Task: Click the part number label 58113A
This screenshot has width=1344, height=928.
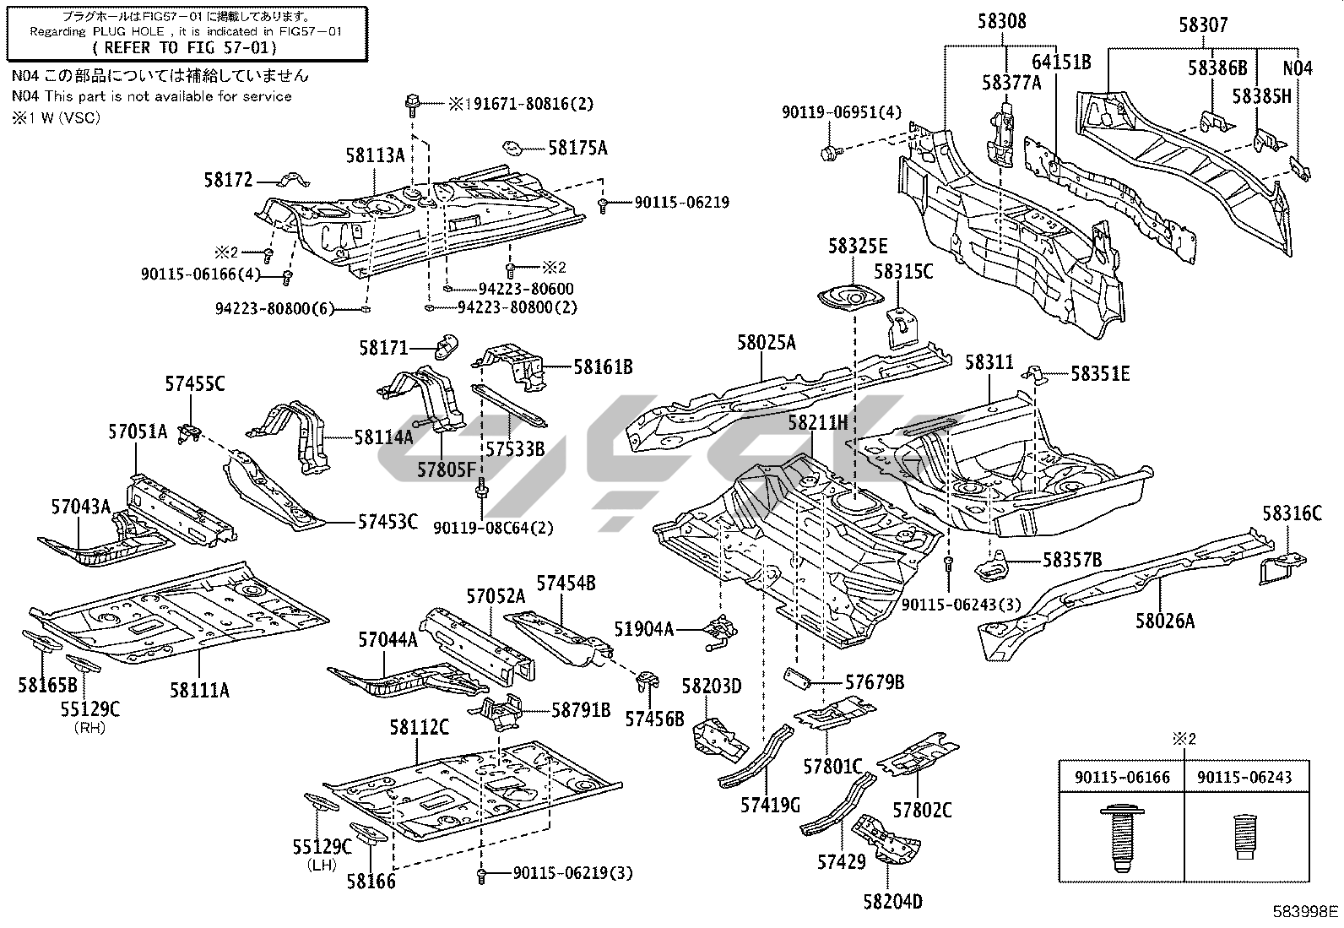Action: [374, 155]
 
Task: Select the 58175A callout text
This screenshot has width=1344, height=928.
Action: [577, 149]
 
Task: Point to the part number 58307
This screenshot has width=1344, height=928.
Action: [1203, 25]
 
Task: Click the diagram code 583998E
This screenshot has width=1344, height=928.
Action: [1305, 911]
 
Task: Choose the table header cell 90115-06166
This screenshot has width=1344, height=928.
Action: [1122, 777]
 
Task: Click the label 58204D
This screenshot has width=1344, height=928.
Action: [892, 902]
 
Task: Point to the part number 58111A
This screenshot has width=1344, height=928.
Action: [199, 690]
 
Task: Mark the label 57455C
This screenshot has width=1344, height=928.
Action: [194, 385]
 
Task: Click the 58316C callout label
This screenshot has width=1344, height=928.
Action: [1292, 513]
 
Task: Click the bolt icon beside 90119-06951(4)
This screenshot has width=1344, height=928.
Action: [831, 152]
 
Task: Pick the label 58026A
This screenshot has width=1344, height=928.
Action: [1165, 621]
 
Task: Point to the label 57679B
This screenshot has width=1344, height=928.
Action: [875, 681]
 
